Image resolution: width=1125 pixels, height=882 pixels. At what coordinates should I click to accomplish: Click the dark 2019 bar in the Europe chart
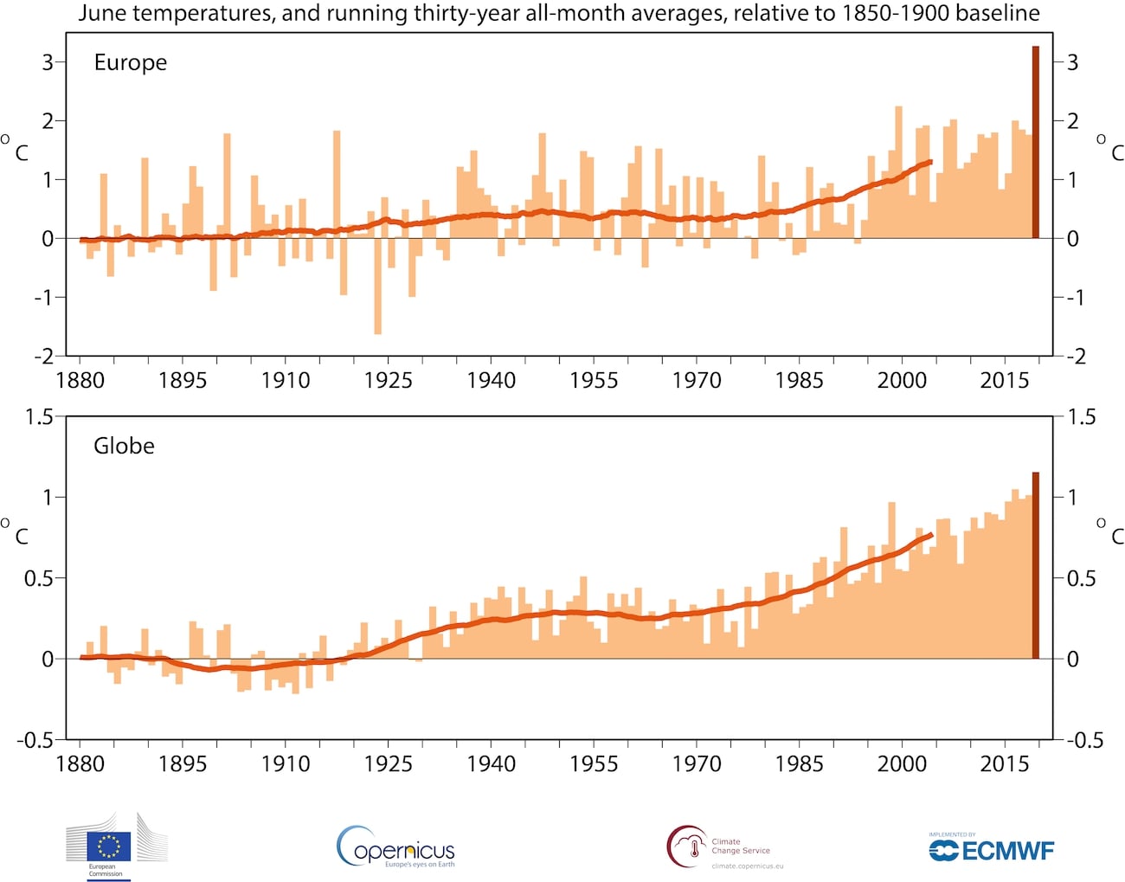click(x=1035, y=142)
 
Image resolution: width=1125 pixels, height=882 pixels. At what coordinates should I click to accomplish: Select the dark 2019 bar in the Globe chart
click(x=1035, y=565)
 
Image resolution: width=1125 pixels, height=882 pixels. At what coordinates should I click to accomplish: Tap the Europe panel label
click(x=130, y=62)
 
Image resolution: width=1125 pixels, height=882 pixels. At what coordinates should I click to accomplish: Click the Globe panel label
click(x=124, y=446)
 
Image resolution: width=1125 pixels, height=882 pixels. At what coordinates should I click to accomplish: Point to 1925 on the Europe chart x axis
click(x=388, y=380)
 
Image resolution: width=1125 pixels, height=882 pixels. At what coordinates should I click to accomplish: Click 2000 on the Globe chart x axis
click(x=902, y=763)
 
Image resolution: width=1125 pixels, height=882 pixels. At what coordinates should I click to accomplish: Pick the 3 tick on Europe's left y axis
click(x=48, y=62)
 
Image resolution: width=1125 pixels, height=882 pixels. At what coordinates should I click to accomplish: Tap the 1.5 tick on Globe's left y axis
click(x=40, y=417)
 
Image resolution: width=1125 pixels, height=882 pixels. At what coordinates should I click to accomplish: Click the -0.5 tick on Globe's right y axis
click(x=1084, y=740)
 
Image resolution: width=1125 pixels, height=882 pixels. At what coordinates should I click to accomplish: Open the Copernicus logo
click(x=396, y=847)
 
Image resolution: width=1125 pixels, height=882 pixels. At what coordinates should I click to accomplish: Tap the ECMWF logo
click(x=992, y=849)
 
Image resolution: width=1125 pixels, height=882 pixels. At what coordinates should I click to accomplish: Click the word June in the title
click(x=102, y=14)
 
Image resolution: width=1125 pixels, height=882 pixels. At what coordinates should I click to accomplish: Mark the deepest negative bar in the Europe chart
click(x=377, y=286)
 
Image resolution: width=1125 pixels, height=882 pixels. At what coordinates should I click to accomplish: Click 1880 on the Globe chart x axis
click(x=80, y=763)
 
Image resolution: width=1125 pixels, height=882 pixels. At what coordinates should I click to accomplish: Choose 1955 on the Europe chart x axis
click(x=594, y=380)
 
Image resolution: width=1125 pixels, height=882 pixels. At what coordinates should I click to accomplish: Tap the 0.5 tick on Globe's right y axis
click(x=1081, y=578)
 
